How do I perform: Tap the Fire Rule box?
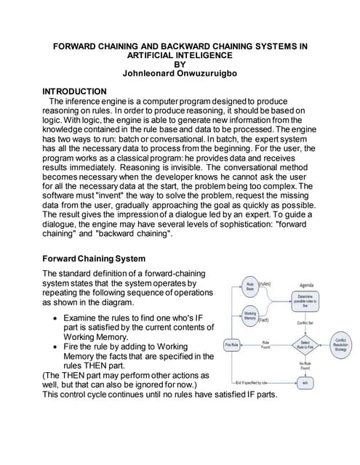tap(233, 344)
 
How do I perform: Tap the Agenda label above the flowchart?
tap(306, 285)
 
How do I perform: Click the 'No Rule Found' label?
tap(306, 365)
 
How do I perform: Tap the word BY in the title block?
tap(180, 64)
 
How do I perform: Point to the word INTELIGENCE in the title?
tap(204, 54)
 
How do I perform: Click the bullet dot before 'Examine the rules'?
tap(56, 319)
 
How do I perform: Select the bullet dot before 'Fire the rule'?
tap(56, 348)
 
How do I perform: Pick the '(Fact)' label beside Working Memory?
tap(264, 320)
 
